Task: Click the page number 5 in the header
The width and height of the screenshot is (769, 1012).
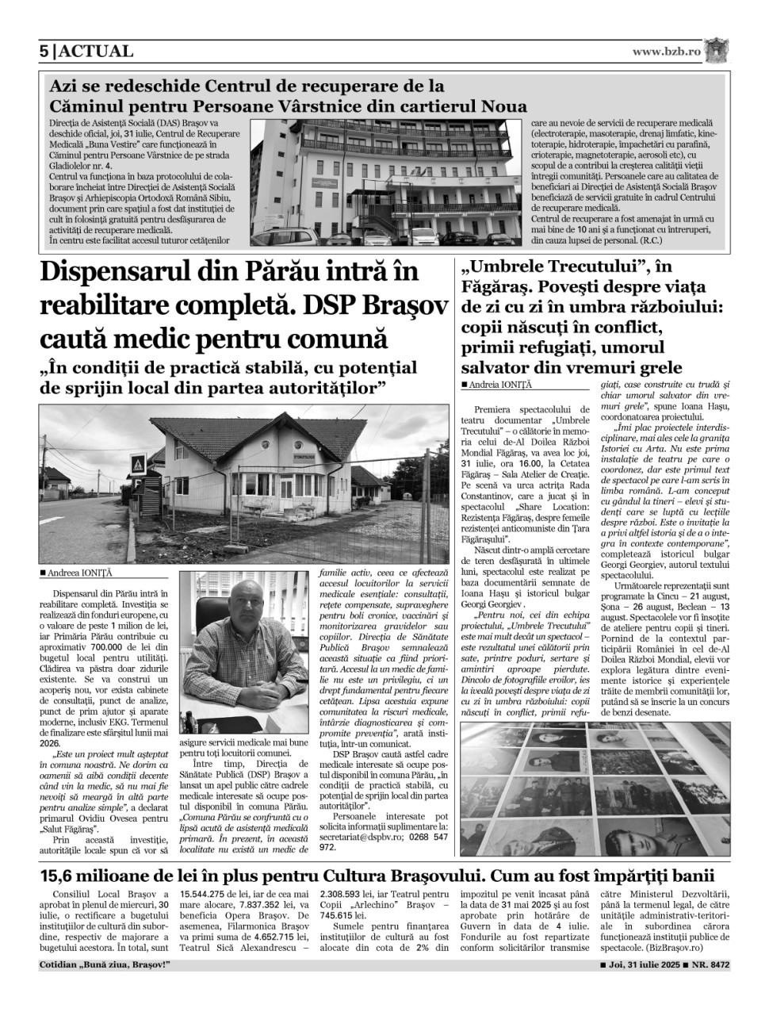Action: pyautogui.click(x=44, y=52)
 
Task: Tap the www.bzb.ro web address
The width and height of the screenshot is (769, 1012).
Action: pyautogui.click(x=666, y=52)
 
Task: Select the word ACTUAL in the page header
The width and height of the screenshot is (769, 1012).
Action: pyautogui.click(x=95, y=52)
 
